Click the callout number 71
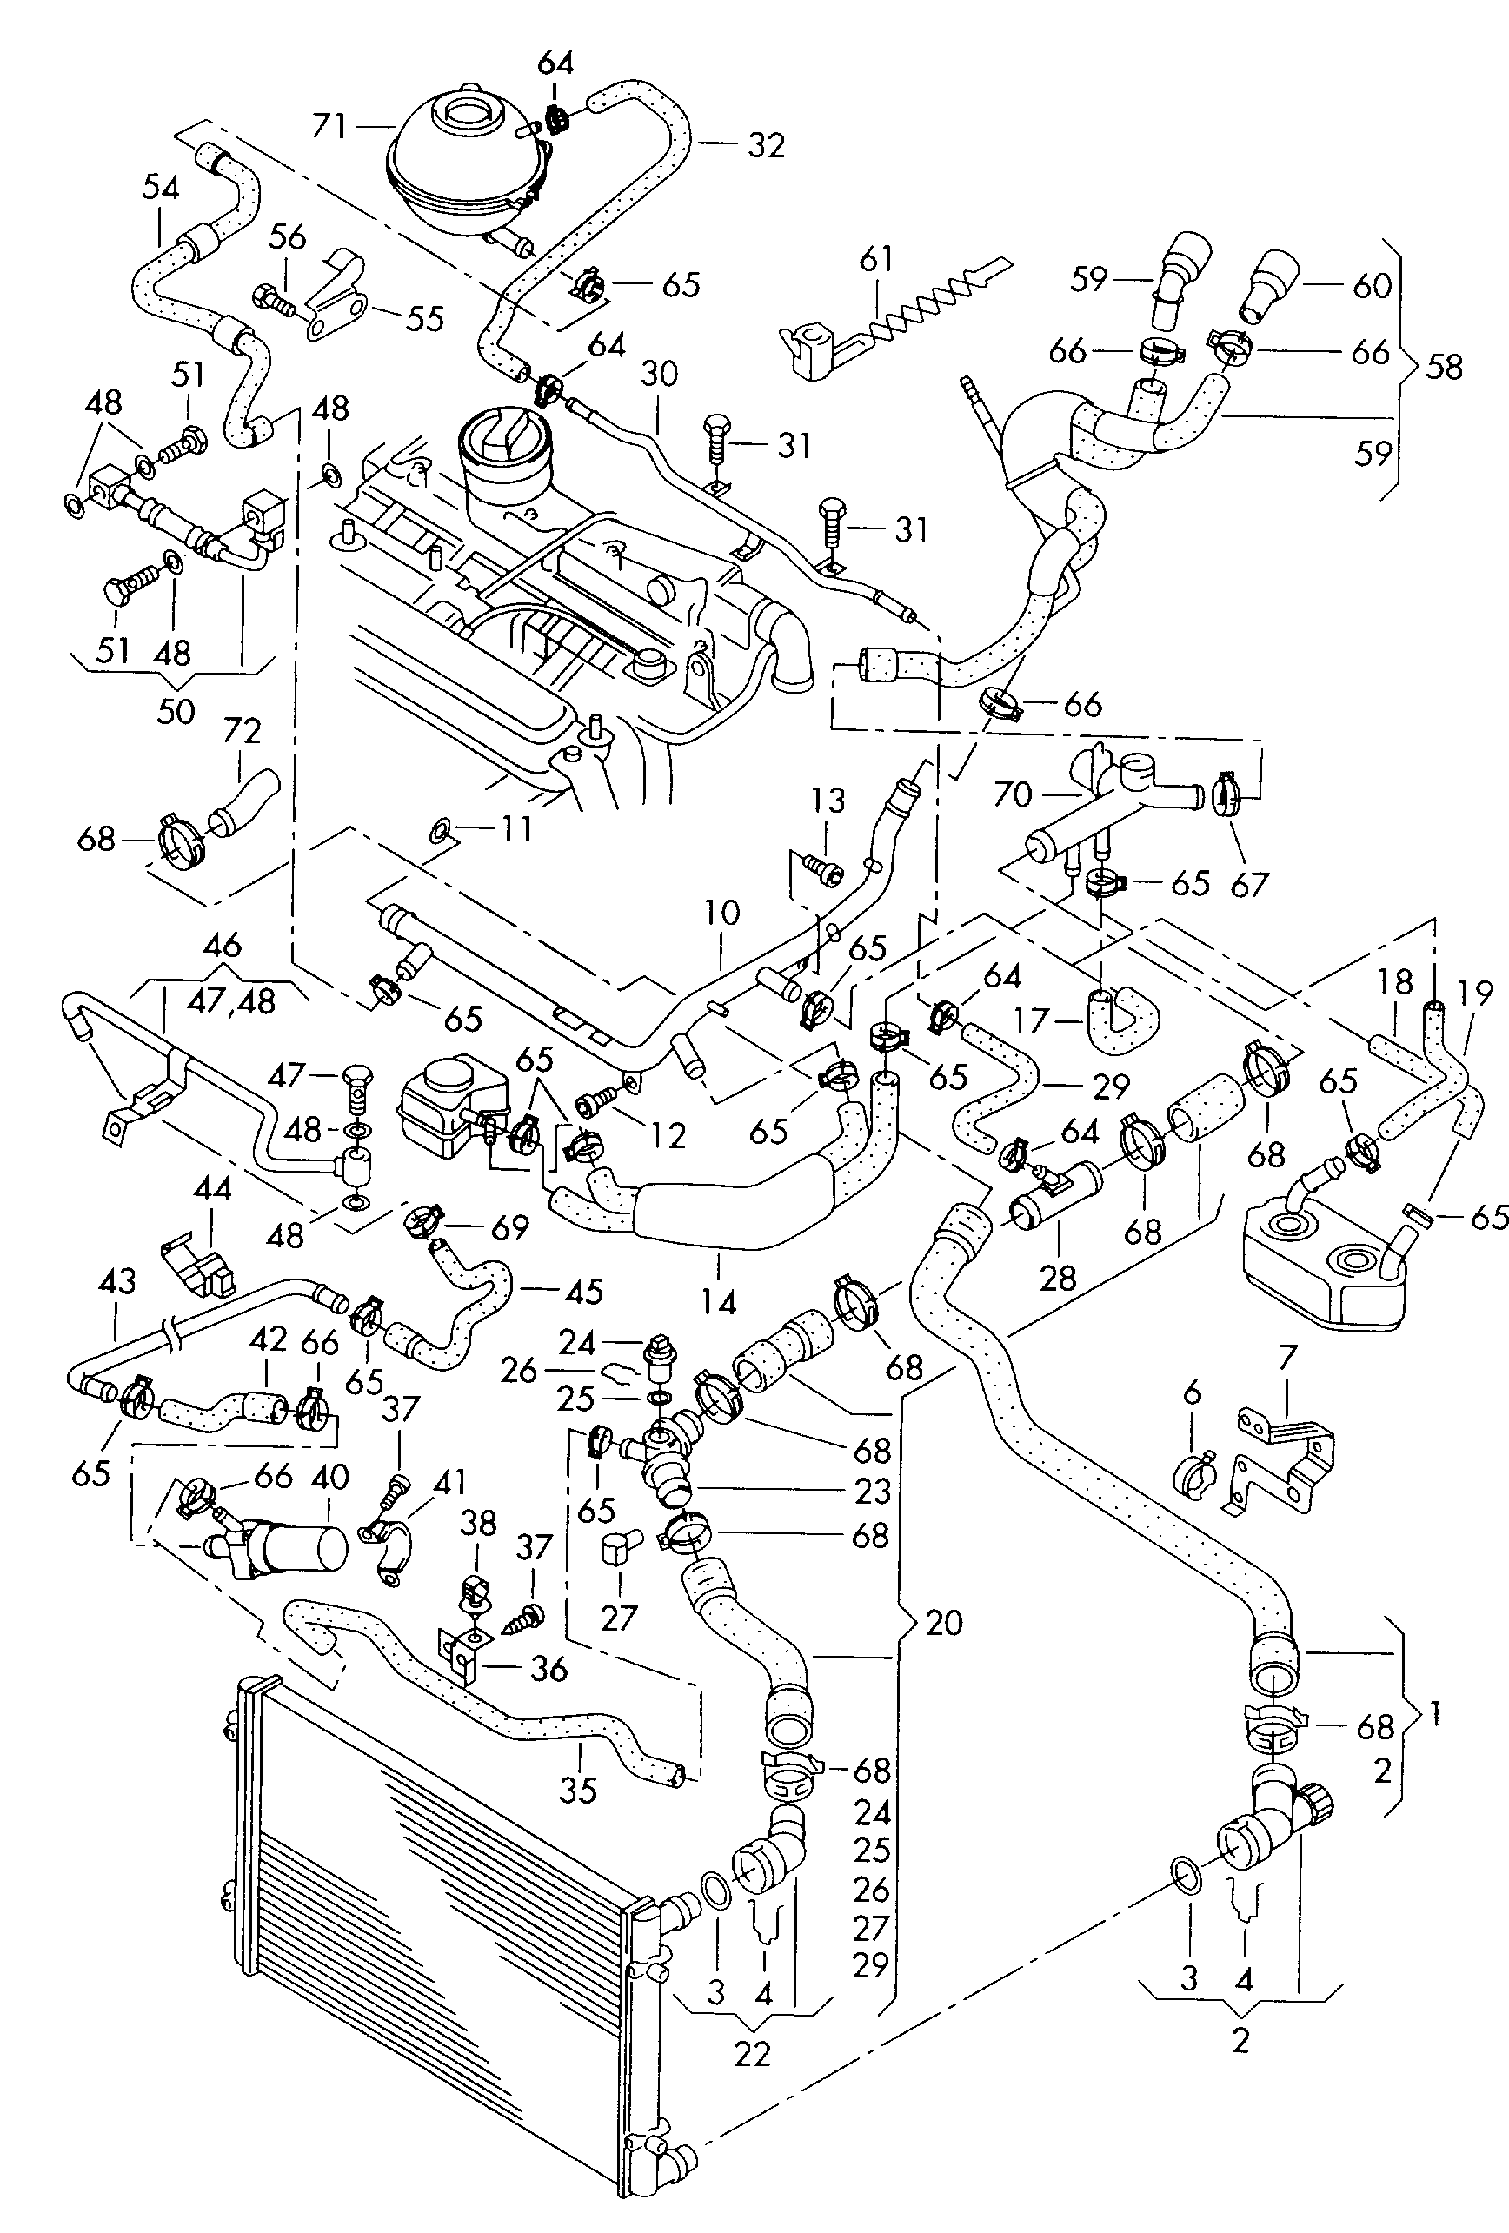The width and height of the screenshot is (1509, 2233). pyautogui.click(x=329, y=126)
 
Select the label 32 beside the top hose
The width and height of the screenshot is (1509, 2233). pyautogui.click(x=766, y=145)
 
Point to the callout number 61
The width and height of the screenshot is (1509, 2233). pyautogui.click(x=875, y=259)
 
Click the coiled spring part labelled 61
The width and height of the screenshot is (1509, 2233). pyautogui.click(x=923, y=307)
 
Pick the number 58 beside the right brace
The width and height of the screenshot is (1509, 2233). pyautogui.click(x=1444, y=366)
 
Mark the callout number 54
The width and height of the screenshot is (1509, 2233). pyautogui.click(x=161, y=188)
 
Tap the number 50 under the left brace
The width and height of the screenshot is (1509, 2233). pyautogui.click(x=175, y=711)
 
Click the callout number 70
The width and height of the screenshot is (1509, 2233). pyautogui.click(x=1012, y=794)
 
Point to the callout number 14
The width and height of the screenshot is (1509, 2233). pyautogui.click(x=718, y=1302)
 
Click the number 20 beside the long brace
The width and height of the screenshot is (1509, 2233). pyautogui.click(x=944, y=1623)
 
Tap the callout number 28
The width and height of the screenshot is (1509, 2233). pyautogui.click(x=1057, y=1277)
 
